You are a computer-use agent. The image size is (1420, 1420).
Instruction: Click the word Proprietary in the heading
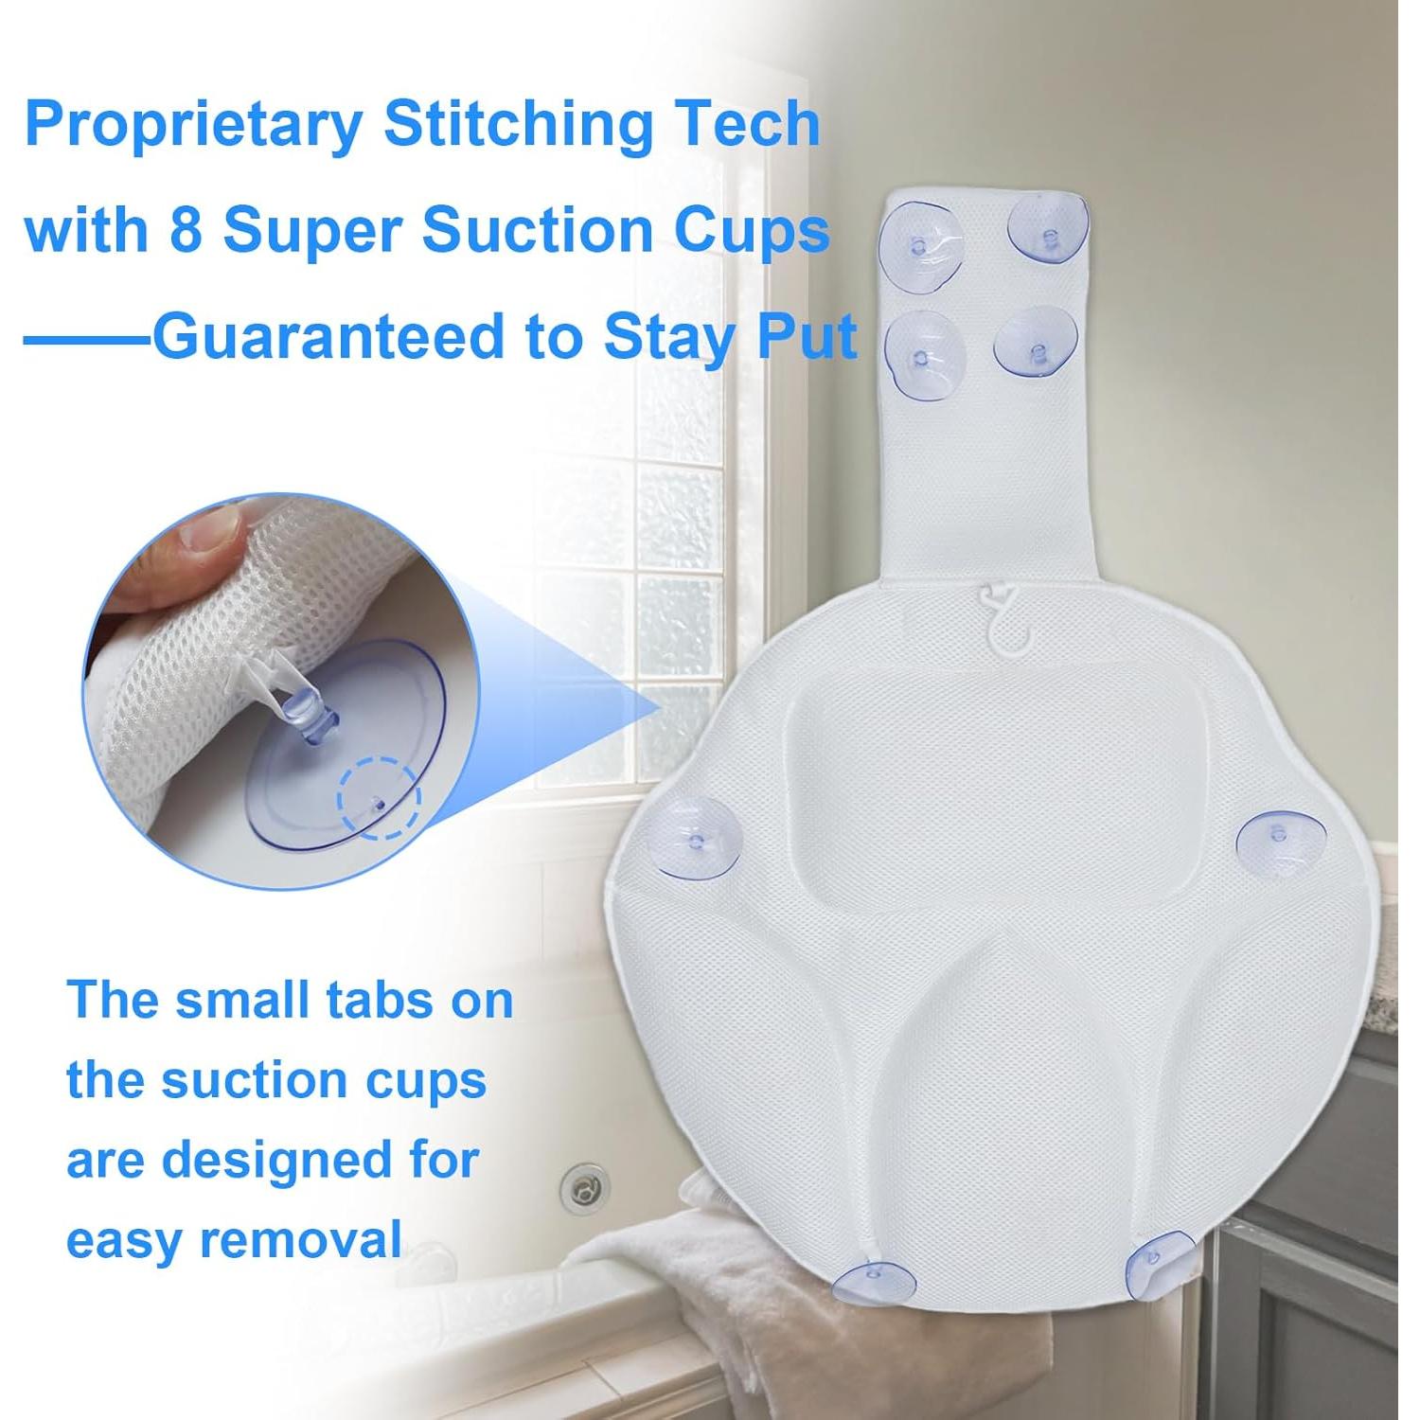[194, 125]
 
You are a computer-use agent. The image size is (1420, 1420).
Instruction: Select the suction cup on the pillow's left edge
[698, 837]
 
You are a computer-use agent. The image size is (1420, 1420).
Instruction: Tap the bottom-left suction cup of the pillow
[876, 1281]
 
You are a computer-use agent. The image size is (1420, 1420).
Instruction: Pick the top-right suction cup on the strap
[1047, 230]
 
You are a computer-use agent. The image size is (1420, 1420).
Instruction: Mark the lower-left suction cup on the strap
[925, 356]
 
